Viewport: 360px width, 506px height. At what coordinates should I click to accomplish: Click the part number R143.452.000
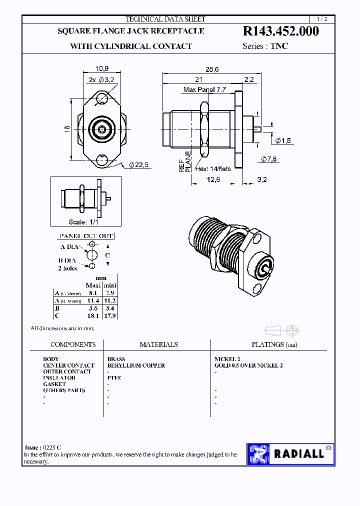click(280, 31)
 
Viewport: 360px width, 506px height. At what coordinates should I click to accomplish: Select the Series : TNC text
click(265, 46)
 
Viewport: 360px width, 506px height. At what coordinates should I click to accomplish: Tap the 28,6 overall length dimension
click(212, 70)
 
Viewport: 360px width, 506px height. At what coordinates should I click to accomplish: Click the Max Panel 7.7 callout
click(205, 89)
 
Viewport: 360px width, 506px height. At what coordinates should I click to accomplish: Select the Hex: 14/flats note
click(214, 168)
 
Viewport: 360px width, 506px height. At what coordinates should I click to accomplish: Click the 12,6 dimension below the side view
click(213, 179)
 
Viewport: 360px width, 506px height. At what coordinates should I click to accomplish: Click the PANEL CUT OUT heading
click(86, 236)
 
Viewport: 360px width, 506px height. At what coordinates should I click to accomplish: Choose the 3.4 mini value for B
click(110, 308)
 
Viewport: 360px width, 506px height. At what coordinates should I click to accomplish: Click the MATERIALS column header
click(158, 344)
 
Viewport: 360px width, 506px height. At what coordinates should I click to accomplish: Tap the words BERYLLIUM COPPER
click(136, 365)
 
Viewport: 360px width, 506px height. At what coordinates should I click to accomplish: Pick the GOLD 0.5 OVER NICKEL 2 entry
click(248, 365)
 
